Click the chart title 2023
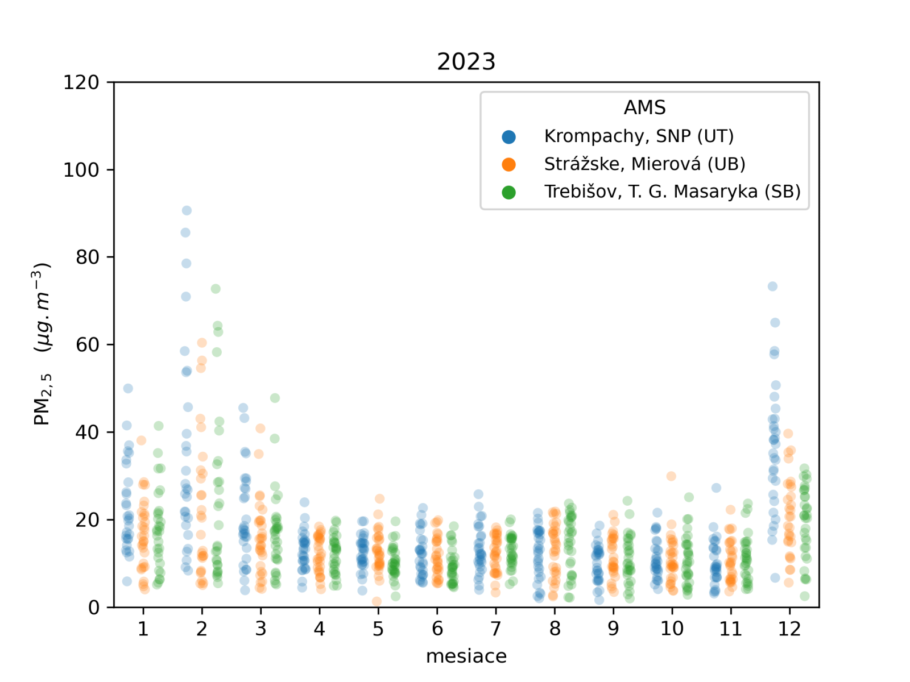tap(466, 61)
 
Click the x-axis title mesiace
tap(466, 656)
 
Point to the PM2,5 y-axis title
tap(42, 344)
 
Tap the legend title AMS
tap(644, 107)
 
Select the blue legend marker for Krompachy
tap(508, 136)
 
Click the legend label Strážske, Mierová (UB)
tap(644, 164)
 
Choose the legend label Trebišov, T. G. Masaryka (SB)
tap(672, 192)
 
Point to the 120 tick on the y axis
tap(81, 82)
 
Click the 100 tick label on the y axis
tap(81, 170)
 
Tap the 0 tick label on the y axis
tap(93, 607)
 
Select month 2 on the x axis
tap(202, 629)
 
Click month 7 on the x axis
tap(496, 629)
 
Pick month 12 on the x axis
tap(789, 629)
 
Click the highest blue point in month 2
tap(187, 210)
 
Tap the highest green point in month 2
tap(216, 289)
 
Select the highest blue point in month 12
tap(772, 286)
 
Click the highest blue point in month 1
tap(128, 388)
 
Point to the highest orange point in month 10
tap(671, 476)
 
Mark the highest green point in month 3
tap(275, 398)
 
